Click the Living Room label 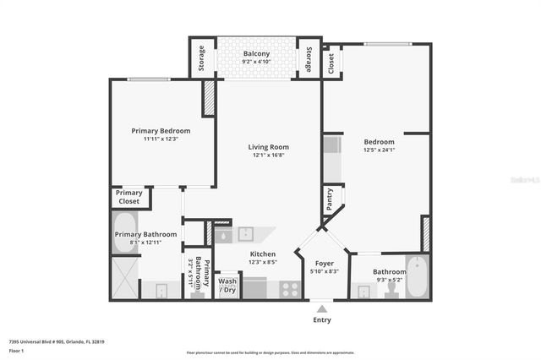tap(268, 146)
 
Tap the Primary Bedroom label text tap(161, 131)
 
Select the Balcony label tap(256, 53)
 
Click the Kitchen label tap(262, 254)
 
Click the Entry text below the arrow tap(321, 319)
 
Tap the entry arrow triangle tap(321, 307)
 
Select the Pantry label tap(329, 200)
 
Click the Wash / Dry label tap(227, 286)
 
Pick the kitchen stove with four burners tap(289, 288)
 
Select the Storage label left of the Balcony tap(201, 59)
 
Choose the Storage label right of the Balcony tap(309, 59)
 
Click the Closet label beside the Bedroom tap(331, 61)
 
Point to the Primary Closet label tap(130, 197)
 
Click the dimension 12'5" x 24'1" tap(379, 150)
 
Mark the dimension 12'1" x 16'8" tap(268, 155)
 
